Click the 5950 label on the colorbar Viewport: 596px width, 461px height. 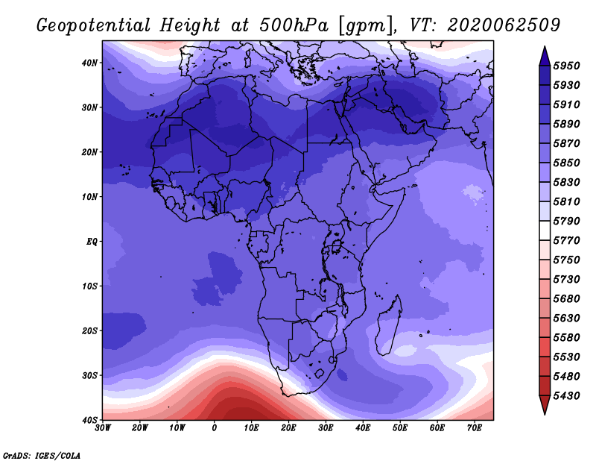point(566,66)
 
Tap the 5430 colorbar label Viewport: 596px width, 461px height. point(566,396)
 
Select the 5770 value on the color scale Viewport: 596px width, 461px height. point(566,241)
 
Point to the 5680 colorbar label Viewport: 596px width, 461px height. point(566,299)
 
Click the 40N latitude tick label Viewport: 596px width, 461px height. point(89,63)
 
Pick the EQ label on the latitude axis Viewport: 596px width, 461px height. point(92,242)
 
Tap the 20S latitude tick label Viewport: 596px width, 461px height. point(89,330)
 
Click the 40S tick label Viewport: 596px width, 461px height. point(89,420)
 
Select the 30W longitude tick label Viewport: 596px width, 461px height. point(103,428)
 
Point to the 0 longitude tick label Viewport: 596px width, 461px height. point(215,428)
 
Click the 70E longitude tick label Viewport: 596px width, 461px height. point(475,428)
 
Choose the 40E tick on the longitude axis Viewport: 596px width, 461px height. point(363,428)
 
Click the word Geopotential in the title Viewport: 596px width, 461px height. point(94,26)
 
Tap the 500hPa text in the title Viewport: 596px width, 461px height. point(294,25)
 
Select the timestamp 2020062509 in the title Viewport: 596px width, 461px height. point(504,25)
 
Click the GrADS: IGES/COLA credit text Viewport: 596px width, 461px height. point(42,456)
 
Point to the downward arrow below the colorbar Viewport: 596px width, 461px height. point(545,405)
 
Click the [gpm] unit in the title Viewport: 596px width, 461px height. point(366,26)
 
